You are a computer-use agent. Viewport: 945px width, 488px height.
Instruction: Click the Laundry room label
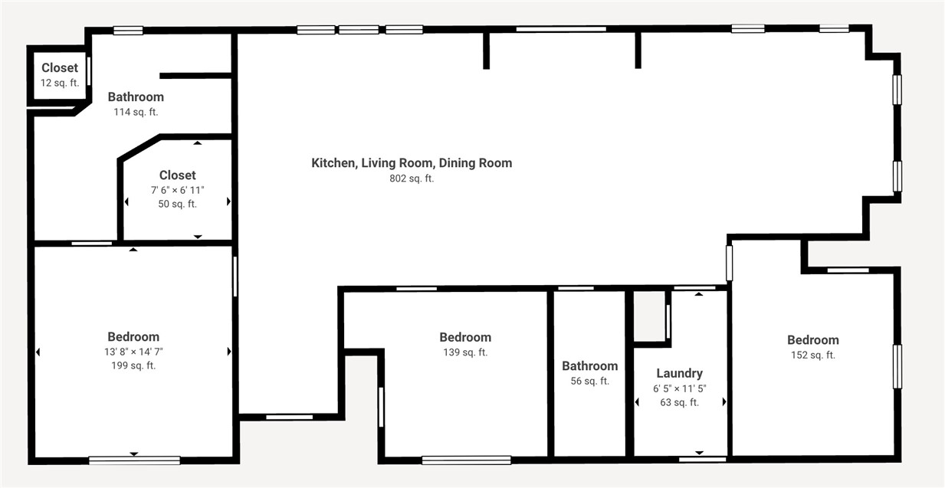[679, 373]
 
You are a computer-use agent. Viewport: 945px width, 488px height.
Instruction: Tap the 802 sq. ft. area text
[412, 178]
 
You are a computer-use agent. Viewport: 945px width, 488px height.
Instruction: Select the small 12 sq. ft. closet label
[60, 68]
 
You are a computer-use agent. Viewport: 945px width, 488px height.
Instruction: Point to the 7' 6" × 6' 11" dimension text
[178, 190]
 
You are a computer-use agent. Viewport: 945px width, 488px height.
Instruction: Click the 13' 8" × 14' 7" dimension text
[133, 352]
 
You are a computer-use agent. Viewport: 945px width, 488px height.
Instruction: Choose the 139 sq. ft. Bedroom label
[465, 337]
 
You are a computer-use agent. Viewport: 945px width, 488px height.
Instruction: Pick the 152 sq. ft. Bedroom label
[812, 340]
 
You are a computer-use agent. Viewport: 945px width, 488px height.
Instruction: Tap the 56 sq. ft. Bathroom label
[589, 366]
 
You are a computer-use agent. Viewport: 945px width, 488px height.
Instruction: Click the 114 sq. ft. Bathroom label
[136, 97]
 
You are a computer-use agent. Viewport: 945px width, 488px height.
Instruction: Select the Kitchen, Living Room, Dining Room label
[412, 162]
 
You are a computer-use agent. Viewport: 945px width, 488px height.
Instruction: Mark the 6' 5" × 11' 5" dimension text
[679, 388]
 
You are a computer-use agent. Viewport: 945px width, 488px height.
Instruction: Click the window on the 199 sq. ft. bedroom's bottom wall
[134, 460]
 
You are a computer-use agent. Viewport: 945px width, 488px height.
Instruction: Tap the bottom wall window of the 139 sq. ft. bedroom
[466, 460]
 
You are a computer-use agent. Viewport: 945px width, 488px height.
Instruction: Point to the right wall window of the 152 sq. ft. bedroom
[897, 366]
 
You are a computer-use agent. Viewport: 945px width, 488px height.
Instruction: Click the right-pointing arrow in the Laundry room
[724, 401]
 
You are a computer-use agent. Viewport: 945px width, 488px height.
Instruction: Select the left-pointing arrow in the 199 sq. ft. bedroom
[38, 352]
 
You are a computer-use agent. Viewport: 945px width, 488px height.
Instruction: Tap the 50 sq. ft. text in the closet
[178, 204]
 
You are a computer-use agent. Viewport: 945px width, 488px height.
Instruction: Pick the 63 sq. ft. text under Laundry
[679, 402]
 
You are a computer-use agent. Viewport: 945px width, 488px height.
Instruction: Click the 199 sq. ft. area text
[133, 365]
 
